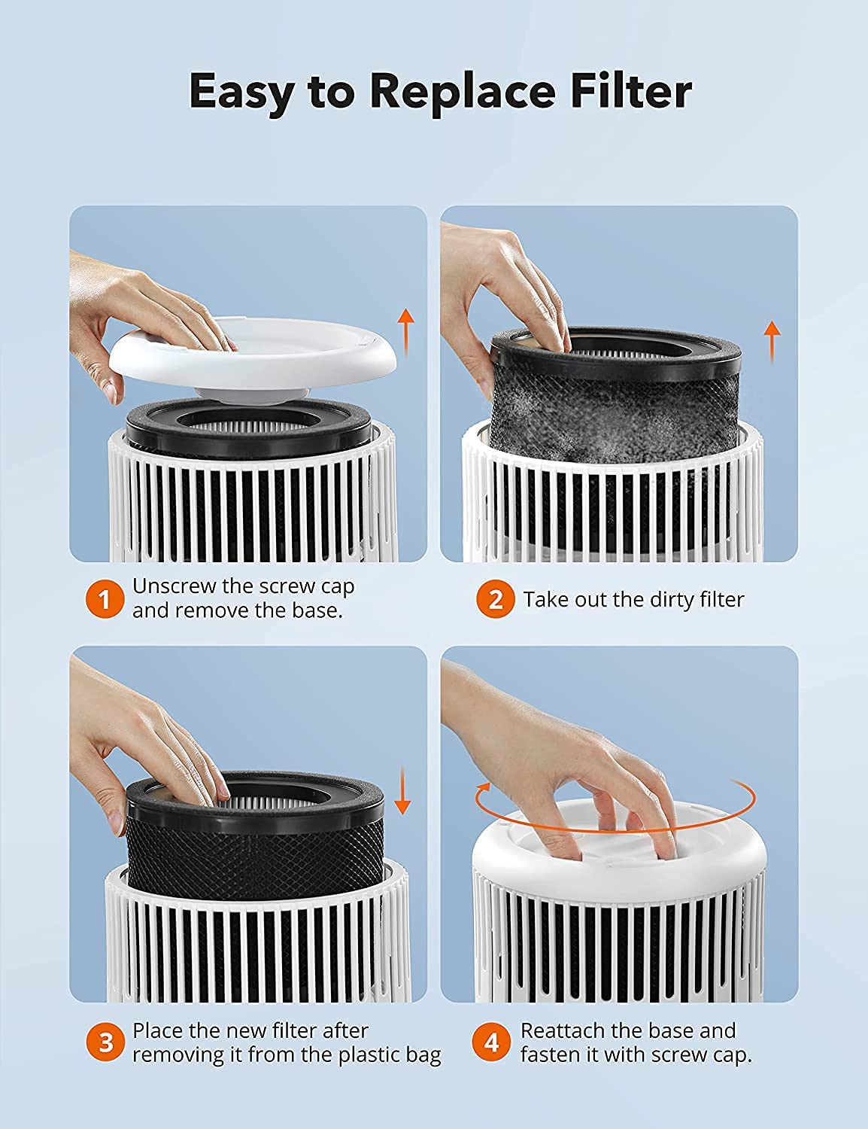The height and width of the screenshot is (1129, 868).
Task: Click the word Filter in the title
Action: tap(631, 90)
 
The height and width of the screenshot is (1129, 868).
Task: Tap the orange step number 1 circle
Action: tap(105, 599)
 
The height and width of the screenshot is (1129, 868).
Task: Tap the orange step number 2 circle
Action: tap(495, 599)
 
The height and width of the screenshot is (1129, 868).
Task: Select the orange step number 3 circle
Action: tap(105, 1042)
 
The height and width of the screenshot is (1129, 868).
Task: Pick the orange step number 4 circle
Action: tap(491, 1042)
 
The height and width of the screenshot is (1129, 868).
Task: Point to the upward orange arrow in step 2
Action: tap(772, 342)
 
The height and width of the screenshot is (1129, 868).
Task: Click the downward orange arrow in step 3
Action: tap(402, 790)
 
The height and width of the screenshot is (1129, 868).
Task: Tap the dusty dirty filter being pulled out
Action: tap(616, 395)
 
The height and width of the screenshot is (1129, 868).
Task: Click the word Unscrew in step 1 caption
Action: tap(174, 586)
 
